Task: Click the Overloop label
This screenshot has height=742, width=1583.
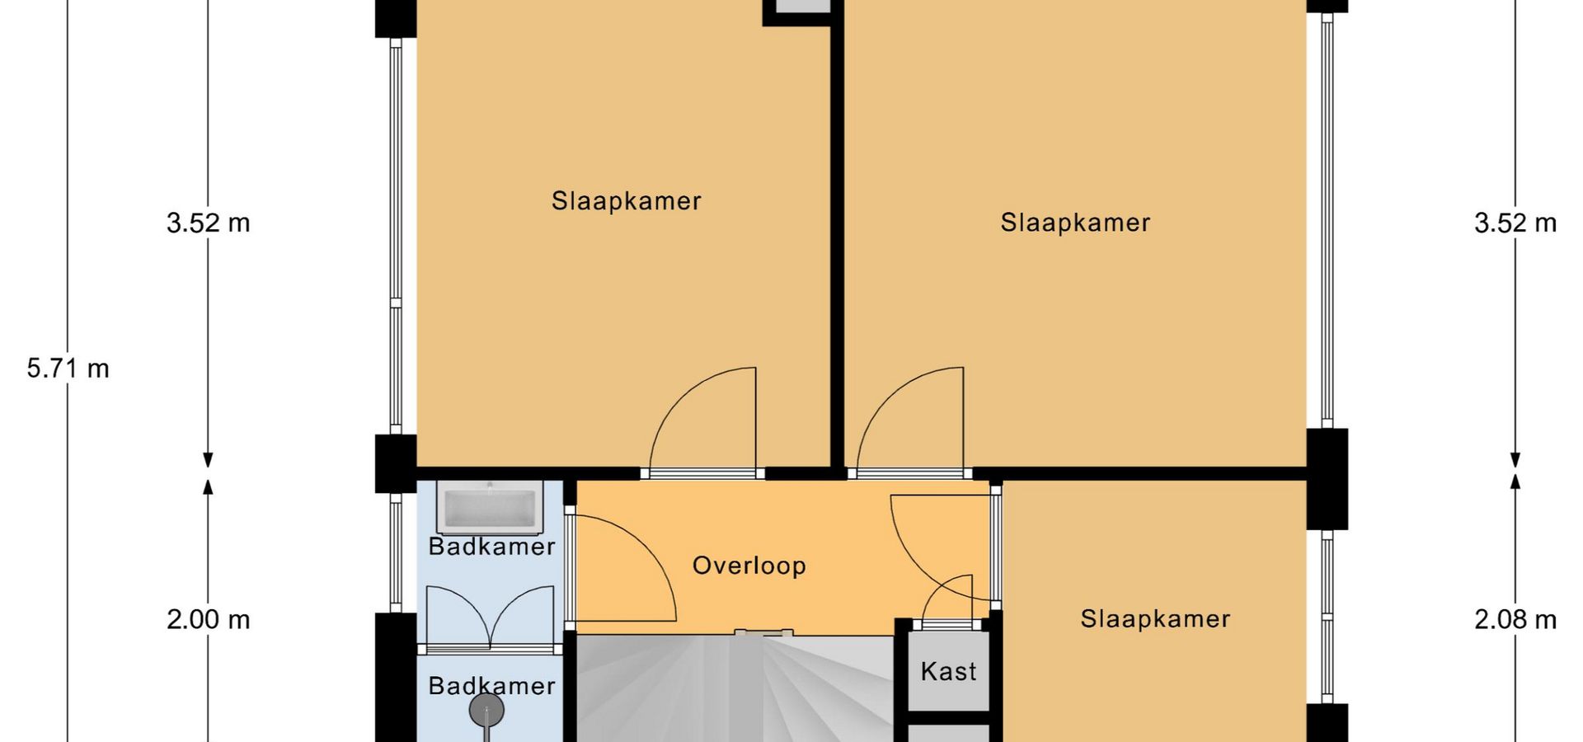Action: click(x=749, y=566)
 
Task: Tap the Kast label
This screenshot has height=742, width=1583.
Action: click(x=948, y=671)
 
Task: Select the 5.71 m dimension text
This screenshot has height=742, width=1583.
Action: click(x=68, y=369)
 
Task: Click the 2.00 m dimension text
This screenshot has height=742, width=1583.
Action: click(x=208, y=619)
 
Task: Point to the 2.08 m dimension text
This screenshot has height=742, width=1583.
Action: click(x=1515, y=619)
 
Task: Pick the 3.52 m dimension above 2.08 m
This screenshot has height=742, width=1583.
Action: click(x=1515, y=223)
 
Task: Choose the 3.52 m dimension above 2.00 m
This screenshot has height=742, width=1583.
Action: click(x=208, y=223)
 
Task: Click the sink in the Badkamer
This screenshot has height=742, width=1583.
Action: click(x=490, y=506)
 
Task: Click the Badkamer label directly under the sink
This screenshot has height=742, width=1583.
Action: click(x=491, y=547)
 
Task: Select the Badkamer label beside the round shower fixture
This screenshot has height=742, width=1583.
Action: click(x=491, y=686)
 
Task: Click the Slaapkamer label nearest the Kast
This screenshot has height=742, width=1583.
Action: click(x=1155, y=619)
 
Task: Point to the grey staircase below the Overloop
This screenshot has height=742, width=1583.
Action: click(x=734, y=688)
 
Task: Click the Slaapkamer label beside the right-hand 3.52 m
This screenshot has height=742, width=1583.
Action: click(x=1075, y=223)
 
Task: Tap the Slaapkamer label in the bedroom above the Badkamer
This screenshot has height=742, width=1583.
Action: click(x=626, y=201)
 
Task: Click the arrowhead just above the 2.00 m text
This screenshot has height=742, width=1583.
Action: click(x=208, y=486)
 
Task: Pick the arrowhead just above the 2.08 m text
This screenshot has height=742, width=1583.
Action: click(x=1515, y=480)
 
